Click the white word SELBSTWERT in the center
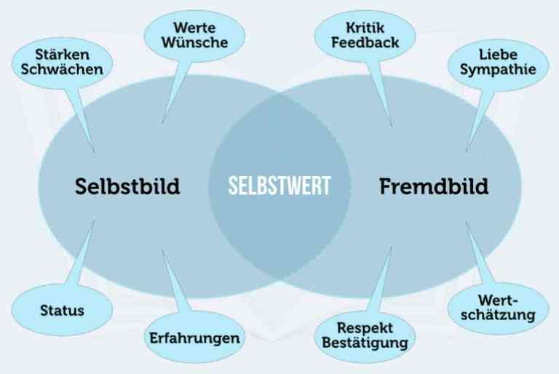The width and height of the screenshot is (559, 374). (279, 186)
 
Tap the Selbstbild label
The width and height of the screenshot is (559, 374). (127, 186)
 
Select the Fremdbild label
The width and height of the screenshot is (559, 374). (434, 186)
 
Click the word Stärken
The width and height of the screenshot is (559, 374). (63, 55)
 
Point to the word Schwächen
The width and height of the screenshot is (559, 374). (62, 69)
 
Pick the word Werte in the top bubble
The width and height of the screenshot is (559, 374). (194, 28)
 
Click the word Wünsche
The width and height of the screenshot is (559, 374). (194, 42)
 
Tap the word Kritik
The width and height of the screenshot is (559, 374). (365, 28)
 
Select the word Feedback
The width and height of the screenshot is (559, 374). (365, 42)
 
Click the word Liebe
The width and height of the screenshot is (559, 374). (498, 55)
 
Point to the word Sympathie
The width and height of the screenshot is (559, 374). (498, 70)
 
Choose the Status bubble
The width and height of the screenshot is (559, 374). (63, 310)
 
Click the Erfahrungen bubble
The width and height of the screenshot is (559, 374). (194, 338)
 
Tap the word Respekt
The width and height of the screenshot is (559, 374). (365, 328)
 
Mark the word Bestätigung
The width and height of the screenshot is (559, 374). (365, 343)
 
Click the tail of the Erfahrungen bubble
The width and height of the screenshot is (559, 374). (175, 282)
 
